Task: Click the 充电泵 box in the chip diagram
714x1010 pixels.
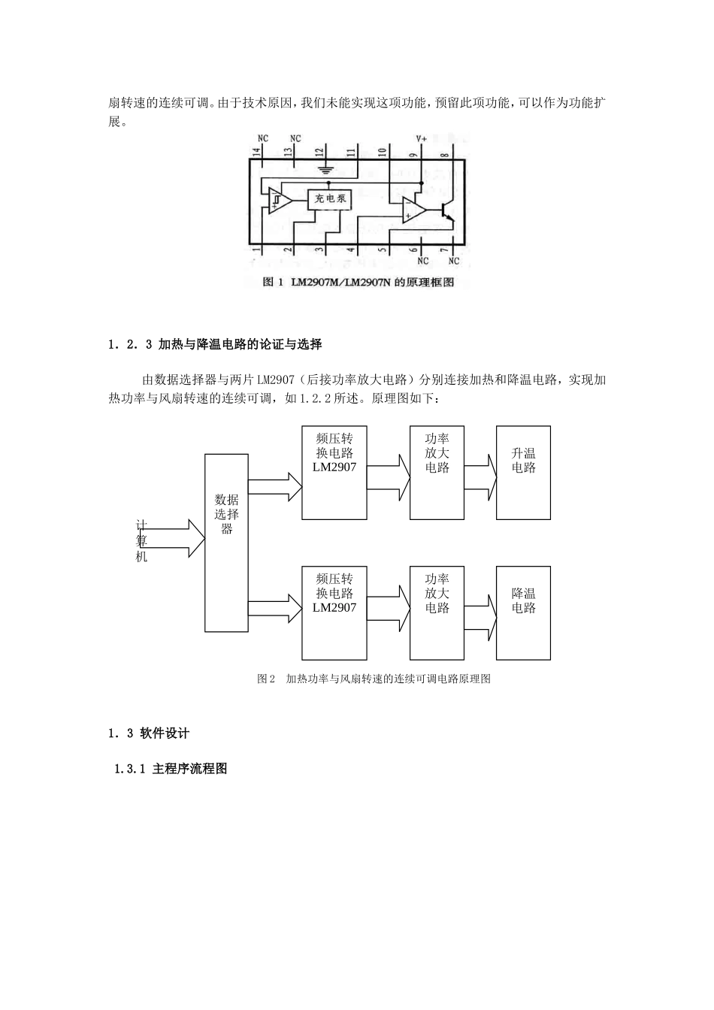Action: click(x=330, y=198)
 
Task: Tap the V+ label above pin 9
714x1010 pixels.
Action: click(x=422, y=139)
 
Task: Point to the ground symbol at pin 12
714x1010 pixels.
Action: click(x=325, y=170)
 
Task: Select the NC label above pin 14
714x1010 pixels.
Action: click(x=262, y=139)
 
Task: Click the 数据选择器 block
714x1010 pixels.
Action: click(x=227, y=542)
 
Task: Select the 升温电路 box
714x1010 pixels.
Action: click(x=523, y=472)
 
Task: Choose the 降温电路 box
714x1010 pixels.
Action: click(x=523, y=612)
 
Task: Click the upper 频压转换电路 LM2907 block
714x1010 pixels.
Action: click(x=334, y=472)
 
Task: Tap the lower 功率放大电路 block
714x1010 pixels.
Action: click(x=437, y=612)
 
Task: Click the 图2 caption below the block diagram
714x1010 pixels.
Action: click(x=374, y=679)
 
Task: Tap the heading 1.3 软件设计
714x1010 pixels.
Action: click(x=149, y=733)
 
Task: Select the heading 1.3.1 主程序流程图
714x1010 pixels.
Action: click(x=170, y=769)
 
